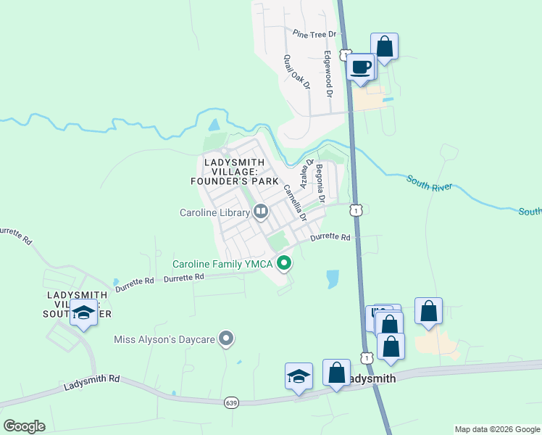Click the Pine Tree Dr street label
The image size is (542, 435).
coord(315,34)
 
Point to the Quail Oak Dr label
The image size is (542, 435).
coord(297,72)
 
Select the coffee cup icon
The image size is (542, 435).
coord(361,68)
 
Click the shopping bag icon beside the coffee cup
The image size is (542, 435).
coord(384,47)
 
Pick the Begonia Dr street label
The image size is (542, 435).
coord(320,183)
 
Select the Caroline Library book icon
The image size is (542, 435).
coord(261,212)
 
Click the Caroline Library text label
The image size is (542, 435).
coord(214,212)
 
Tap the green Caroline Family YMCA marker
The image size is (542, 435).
coord(285,264)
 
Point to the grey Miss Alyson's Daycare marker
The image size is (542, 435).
coord(227,339)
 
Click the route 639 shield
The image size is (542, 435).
coord(231,402)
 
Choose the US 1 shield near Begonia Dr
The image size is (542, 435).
coord(355,210)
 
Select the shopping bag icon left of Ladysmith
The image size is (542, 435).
coord(336,373)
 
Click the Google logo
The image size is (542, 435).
coord(24,426)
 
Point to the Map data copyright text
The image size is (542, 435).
coord(497,429)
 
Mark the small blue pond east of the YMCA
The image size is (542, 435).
coord(332,279)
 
